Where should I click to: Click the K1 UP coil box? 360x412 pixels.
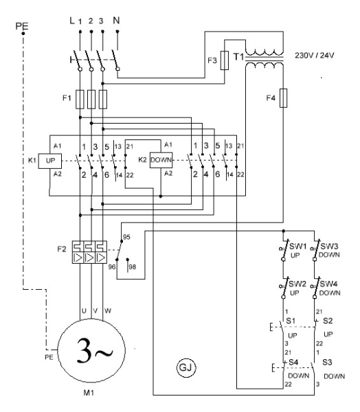click(50, 161)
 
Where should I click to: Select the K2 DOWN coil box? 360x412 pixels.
click(161, 160)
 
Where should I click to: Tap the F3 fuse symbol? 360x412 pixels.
click(224, 60)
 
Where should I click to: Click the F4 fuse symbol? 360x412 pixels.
click(283, 98)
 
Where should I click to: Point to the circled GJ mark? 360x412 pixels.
click(186, 367)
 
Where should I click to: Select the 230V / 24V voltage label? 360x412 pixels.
click(314, 56)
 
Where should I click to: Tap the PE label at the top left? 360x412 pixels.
click(22, 26)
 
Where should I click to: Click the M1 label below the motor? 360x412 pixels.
click(89, 393)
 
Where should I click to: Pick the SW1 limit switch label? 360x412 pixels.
click(297, 247)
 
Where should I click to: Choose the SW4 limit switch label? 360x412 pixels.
click(328, 284)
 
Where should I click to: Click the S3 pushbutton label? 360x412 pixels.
click(327, 363)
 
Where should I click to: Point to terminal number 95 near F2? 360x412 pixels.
click(126, 237)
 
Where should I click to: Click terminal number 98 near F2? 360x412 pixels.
click(133, 267)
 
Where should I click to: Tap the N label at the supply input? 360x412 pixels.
click(116, 20)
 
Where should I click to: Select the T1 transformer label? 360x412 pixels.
click(239, 56)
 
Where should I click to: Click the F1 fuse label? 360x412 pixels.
click(67, 98)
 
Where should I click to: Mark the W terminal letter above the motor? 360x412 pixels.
click(108, 311)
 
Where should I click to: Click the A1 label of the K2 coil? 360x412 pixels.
click(168, 144)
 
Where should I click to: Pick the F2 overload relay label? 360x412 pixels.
click(62, 249)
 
